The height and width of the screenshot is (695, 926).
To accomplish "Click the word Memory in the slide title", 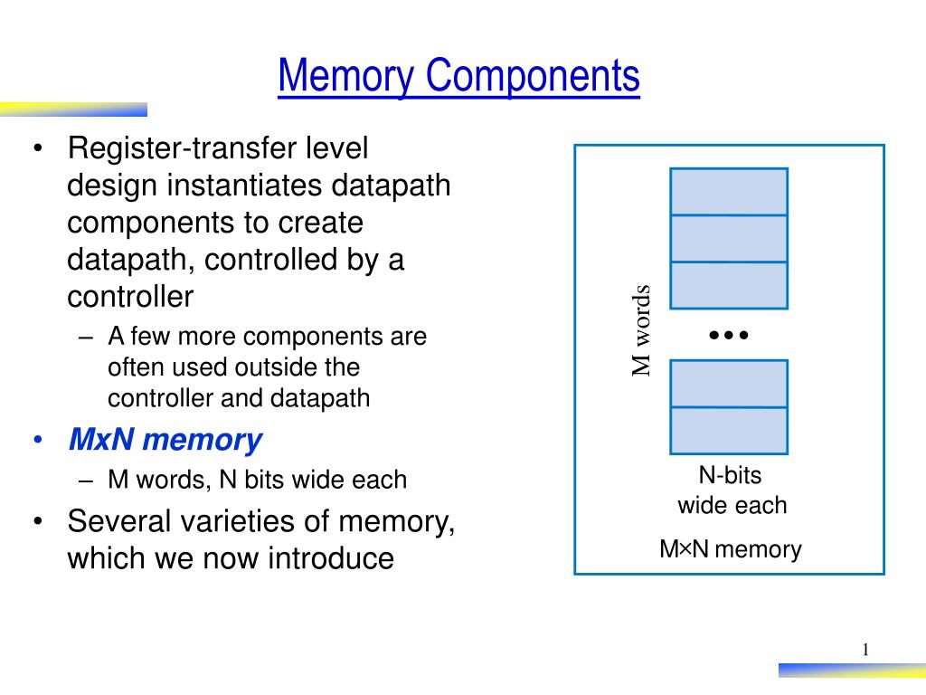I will pos(348,76).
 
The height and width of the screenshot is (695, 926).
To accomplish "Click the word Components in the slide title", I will pos(534,76).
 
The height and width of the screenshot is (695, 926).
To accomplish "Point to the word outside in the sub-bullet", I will pos(270,367).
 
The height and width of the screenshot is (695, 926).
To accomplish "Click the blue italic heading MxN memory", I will pos(165,441).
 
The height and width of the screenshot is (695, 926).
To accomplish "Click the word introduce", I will pos(330,558).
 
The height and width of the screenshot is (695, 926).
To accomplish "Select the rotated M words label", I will pos(640,330).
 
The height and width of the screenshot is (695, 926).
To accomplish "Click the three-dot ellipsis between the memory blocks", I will pos(729,335).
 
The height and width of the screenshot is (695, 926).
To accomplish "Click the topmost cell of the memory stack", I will pos(729,192).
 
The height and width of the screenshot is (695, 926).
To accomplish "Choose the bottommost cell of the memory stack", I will pos(729,431).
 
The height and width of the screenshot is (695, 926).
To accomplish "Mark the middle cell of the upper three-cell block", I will pos(729,239).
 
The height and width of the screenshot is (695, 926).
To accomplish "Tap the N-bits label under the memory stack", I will pos(730,475).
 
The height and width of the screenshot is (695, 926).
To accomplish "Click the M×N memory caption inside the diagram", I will pos(730,549).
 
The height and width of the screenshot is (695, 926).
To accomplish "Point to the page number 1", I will pos(865,650).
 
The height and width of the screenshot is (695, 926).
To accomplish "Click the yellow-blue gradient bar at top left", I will pos(73,109).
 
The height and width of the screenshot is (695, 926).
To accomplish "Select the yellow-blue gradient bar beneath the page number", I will pos(851,671).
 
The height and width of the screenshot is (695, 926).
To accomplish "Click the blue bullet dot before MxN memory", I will pos(38,441).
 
